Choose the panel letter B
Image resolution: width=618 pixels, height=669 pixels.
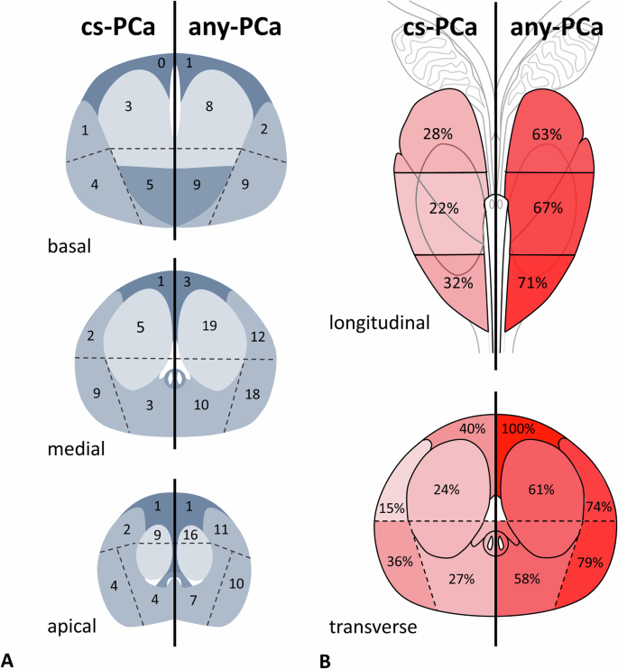(325, 659)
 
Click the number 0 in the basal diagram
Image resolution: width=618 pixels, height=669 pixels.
(161, 63)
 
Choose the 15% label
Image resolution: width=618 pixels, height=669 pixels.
(392, 508)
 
